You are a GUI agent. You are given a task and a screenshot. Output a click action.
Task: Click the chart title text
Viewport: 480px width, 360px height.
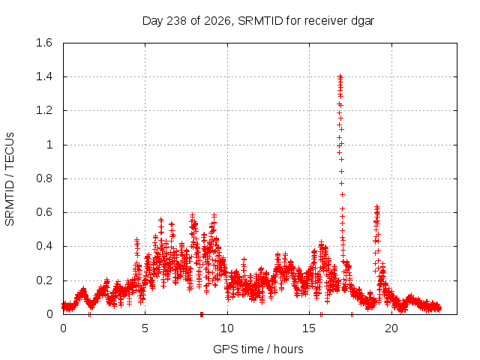tap(258, 21)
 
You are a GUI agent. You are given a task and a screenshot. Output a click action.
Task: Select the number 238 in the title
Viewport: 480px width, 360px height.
tap(177, 21)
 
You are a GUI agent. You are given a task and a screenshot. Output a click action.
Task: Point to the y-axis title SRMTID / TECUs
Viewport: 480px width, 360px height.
tap(10, 179)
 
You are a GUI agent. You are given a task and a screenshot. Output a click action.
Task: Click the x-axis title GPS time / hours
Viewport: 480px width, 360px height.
tap(258, 349)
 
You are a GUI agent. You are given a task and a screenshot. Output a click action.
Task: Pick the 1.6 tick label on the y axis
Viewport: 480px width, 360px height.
tap(44, 43)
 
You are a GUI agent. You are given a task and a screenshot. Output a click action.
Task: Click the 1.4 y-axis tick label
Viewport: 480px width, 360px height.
tap(44, 76)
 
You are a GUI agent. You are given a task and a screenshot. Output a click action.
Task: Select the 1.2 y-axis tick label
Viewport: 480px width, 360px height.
tap(44, 110)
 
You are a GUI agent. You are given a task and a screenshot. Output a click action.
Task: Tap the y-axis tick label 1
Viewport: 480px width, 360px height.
tap(49, 145)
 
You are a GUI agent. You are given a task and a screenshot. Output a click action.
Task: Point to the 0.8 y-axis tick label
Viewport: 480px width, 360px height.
tap(44, 178)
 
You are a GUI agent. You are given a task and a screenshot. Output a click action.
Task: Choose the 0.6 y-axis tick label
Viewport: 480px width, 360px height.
tap(44, 212)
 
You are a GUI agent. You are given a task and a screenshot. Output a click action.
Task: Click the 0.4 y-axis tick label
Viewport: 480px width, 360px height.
tap(44, 246)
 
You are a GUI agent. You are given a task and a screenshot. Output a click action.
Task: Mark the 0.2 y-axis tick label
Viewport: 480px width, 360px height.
tap(44, 280)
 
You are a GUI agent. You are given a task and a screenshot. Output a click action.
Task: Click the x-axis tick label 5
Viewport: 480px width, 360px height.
tap(145, 328)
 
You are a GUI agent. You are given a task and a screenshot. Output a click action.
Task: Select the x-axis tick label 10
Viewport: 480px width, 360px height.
tap(227, 328)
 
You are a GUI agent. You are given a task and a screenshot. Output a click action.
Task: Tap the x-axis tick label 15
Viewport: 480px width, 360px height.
tap(309, 328)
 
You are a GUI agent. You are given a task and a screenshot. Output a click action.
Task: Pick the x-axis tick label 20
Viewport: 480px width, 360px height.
tap(391, 328)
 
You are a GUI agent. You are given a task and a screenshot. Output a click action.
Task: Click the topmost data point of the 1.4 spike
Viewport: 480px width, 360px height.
tap(340, 76)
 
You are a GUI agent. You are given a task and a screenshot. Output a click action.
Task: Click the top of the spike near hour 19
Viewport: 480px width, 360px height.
tap(377, 207)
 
